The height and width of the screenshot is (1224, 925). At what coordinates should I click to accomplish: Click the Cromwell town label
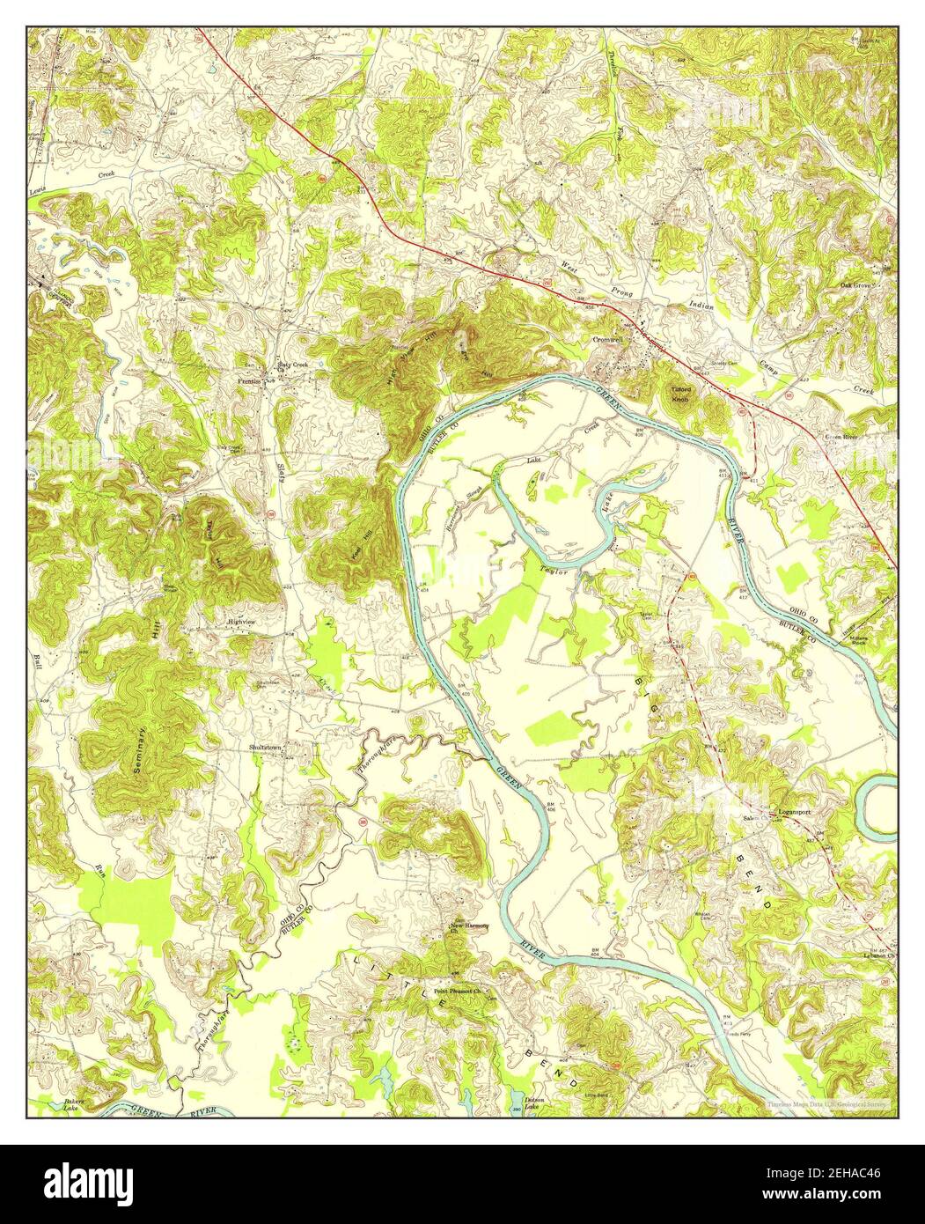(607, 338)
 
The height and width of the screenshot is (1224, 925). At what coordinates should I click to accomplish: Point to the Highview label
(241, 622)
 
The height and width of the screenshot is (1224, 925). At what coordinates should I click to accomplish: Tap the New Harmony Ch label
(468, 928)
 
